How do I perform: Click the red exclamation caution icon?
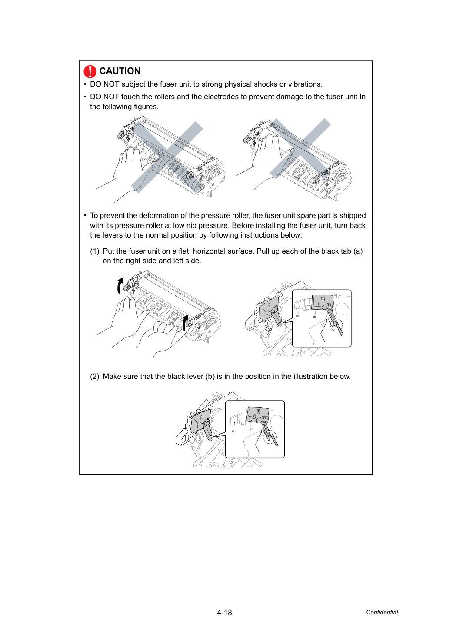[x=90, y=71]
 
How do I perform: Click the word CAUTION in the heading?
[x=120, y=71]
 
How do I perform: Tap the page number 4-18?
[x=224, y=613]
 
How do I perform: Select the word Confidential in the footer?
[x=382, y=612]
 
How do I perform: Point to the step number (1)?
[x=95, y=251]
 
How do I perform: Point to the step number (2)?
[x=95, y=376]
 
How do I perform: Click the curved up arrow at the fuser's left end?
[x=120, y=285]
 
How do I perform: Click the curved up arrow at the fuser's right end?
[x=185, y=322]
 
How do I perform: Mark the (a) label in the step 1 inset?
[x=298, y=315]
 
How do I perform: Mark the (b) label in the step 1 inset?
[x=315, y=317]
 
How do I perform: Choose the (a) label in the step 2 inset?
[x=234, y=431]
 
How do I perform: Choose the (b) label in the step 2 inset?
[x=251, y=429]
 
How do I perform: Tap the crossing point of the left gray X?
[x=167, y=157]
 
